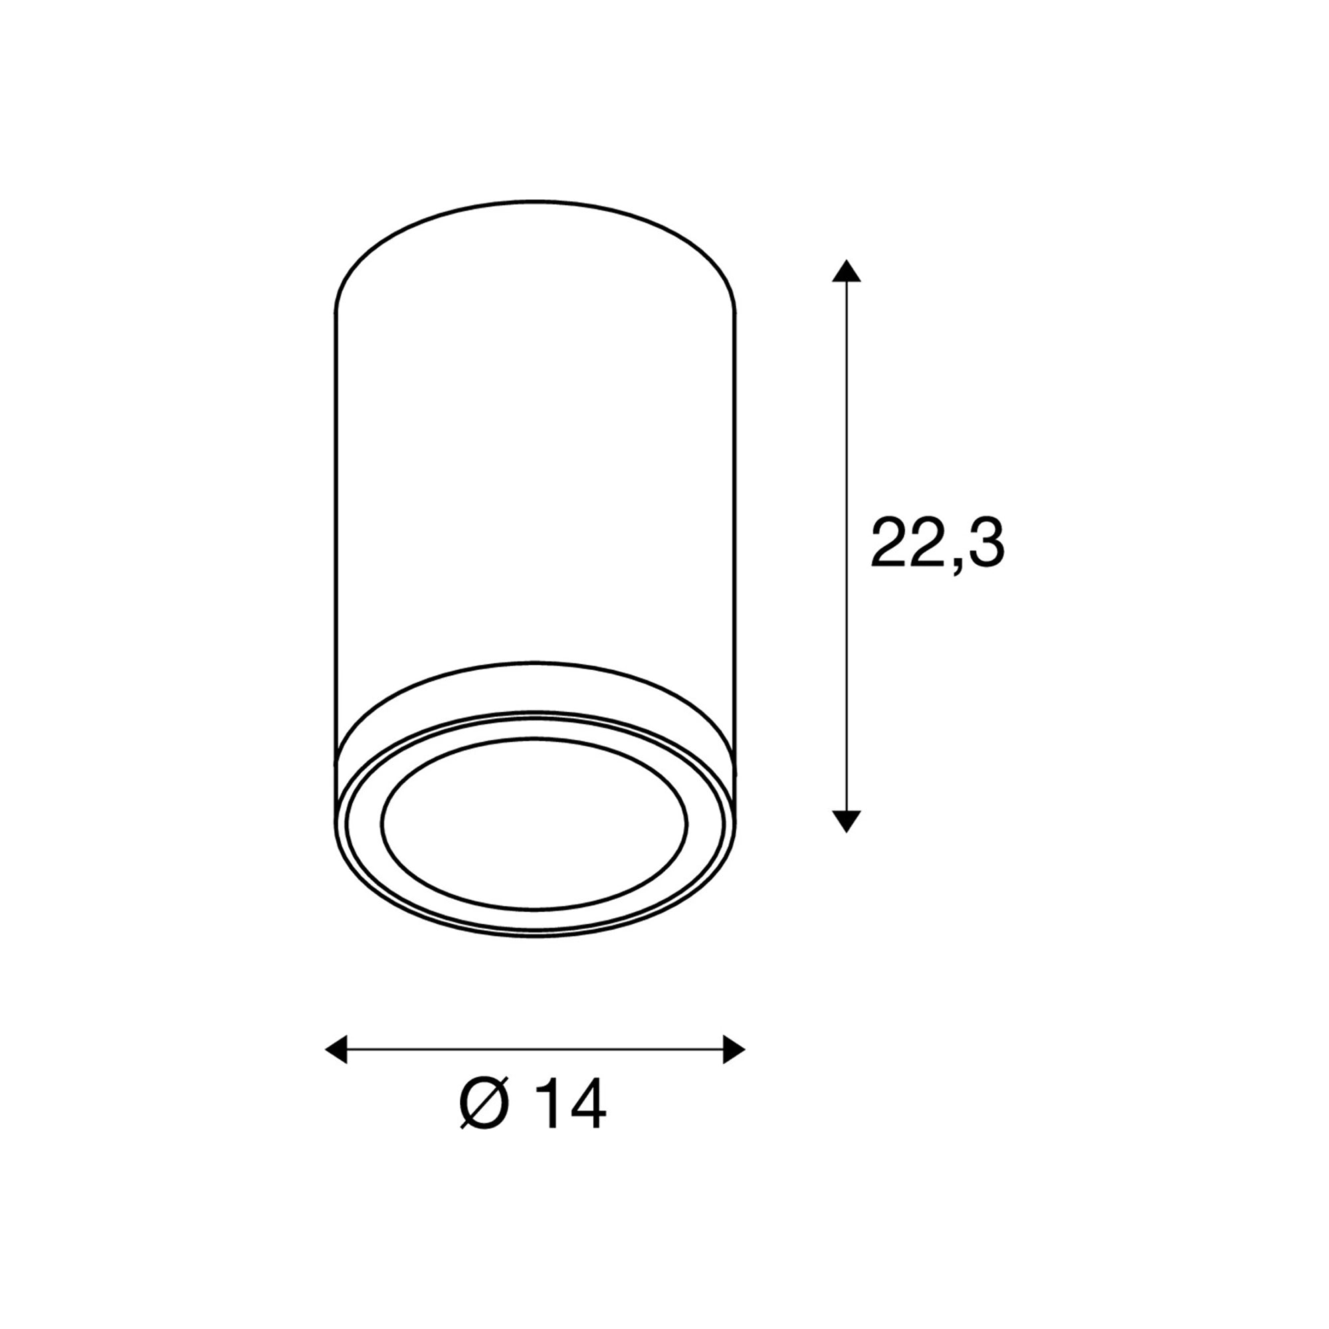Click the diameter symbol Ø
485,1103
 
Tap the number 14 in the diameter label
571,1103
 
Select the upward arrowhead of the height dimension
846,271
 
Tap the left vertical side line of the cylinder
335,516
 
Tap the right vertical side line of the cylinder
737,516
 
